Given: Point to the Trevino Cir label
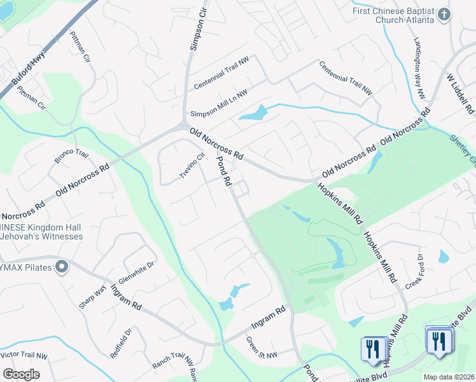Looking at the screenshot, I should point(192,166).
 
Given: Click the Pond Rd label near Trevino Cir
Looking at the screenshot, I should point(223,171).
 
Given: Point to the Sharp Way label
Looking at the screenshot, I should point(92,297).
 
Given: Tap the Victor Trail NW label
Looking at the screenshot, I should point(23,355).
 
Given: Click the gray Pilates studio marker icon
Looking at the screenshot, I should point(62,266).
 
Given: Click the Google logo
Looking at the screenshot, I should point(21,374).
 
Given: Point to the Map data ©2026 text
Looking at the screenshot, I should point(448,376).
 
